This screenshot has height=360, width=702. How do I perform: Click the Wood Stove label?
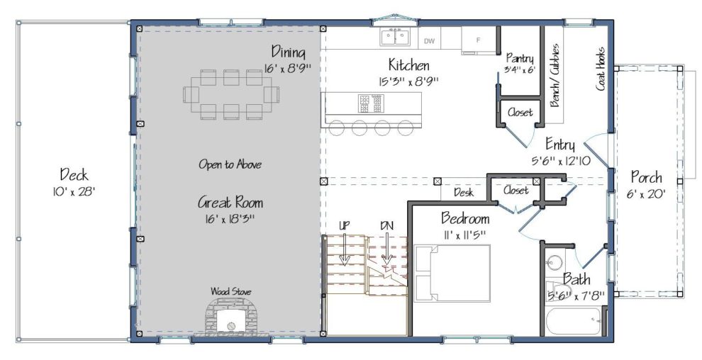[230, 291]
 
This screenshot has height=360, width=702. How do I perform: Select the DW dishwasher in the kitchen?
[429, 41]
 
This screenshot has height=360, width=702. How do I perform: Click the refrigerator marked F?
[479, 40]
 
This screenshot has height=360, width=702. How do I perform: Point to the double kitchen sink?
[395, 36]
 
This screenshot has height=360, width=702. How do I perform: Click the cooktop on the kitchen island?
[370, 103]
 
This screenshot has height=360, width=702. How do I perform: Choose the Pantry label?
[520, 59]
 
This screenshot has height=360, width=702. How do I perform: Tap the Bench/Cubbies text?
[555, 75]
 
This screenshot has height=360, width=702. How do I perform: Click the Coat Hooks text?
[601, 69]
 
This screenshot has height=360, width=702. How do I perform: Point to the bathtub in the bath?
[574, 321]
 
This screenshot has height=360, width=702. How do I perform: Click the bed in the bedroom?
[452, 274]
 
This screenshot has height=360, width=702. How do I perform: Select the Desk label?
[464, 193]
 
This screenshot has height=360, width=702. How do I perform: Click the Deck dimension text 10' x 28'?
[74, 192]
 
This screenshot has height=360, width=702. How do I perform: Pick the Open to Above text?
[230, 164]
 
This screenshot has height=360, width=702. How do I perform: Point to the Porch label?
[646, 178]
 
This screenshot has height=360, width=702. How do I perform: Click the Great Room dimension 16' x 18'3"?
[230, 219]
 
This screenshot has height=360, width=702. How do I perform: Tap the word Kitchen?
[408, 65]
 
